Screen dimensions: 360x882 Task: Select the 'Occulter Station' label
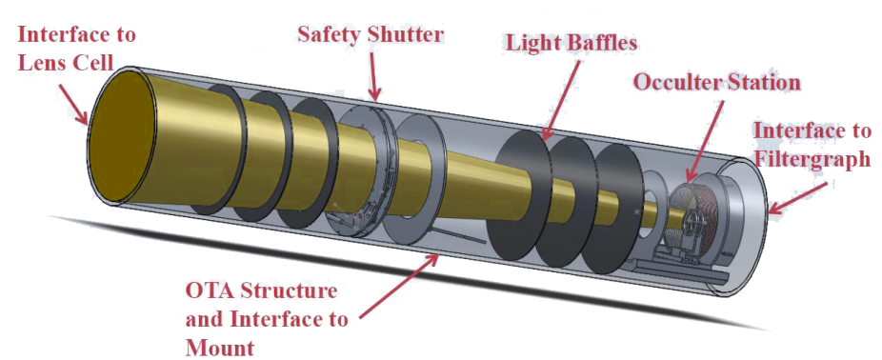717,82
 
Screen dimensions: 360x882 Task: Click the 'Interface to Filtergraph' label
811,144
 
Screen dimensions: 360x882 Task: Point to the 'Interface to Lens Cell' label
76,47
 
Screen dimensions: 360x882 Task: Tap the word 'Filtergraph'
811,159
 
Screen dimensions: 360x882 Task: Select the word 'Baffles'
596,43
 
